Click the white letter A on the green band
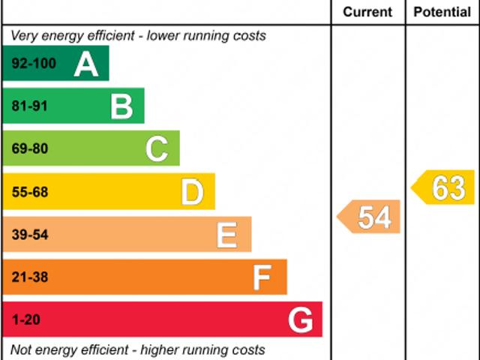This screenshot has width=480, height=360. pos(86,64)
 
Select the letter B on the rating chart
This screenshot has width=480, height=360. pos(121,106)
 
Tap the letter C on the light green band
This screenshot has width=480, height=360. pos(157,148)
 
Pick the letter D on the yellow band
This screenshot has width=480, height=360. pos(193,192)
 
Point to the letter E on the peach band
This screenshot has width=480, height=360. pos(227,235)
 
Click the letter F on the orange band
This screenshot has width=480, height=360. pos(262,277)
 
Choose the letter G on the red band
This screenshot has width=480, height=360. pos(301,320)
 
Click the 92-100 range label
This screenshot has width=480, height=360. pos(34,64)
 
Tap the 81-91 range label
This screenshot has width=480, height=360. pos(30,106)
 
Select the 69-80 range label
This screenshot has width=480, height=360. pos(30,148)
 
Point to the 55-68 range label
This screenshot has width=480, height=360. pos(30,192)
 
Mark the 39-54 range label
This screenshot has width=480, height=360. pos(30,235)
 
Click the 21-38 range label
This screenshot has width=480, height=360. pos(30,277)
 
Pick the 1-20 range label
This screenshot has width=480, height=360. pos(26,320)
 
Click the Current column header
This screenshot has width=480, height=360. pos(367,12)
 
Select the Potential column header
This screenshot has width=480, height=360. pos(442,12)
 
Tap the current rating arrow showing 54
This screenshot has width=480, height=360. pos(370,217)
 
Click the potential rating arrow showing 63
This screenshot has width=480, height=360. pos(444,187)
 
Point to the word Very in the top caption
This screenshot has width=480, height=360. pos(23,35)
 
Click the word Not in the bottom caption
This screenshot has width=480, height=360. pos(21,349)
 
